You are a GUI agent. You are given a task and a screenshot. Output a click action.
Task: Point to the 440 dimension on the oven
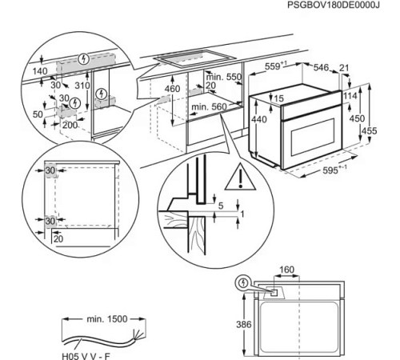258,119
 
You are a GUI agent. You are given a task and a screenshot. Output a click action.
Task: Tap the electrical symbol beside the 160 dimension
243,283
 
